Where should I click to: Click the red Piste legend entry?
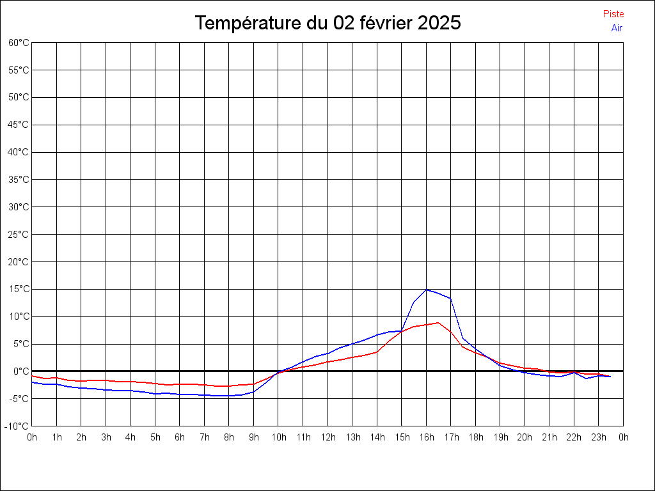pyautogui.click(x=613, y=14)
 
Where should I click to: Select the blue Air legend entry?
pyautogui.click(x=617, y=28)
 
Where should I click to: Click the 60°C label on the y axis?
pyautogui.click(x=19, y=43)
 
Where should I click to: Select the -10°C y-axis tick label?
pyautogui.click(x=17, y=426)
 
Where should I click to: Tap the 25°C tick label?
pyautogui.click(x=19, y=235)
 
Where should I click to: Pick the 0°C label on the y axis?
pyautogui.click(x=20, y=371)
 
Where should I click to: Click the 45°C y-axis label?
pyautogui.click(x=19, y=125)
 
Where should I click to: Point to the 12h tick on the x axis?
pyautogui.click(x=327, y=438)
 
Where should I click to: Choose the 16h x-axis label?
pyautogui.click(x=426, y=438)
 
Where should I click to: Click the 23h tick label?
pyautogui.click(x=599, y=438)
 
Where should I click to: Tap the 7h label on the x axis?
pyautogui.click(x=204, y=438)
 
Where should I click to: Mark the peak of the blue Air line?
pyautogui.click(x=427, y=290)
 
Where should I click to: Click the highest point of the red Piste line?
pyautogui.click(x=438, y=323)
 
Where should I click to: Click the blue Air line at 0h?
pyautogui.click(x=33, y=382)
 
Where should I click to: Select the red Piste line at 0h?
pyautogui.click(x=33, y=376)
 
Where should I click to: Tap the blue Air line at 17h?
pyautogui.click(x=451, y=299)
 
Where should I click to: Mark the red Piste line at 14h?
pyautogui.click(x=377, y=352)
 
